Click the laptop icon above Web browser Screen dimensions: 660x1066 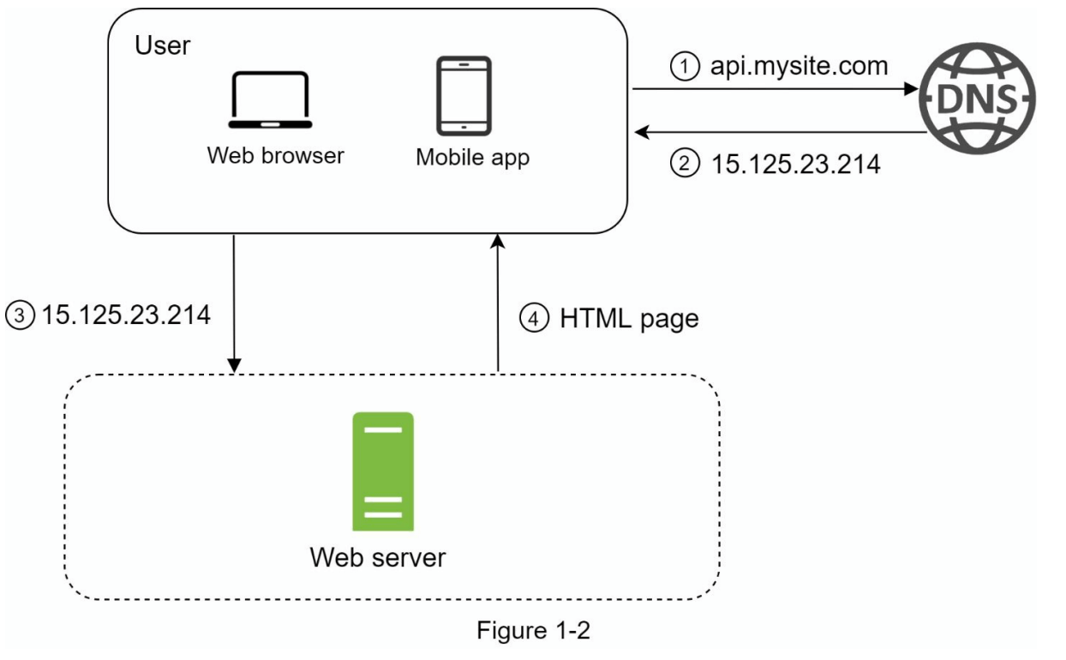(268, 102)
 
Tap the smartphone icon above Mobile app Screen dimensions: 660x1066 (464, 95)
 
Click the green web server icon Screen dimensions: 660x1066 (382, 472)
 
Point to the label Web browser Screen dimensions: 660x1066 (275, 155)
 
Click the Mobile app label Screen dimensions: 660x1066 (472, 157)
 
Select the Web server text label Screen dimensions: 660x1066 (378, 557)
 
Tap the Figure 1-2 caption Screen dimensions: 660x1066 (533, 631)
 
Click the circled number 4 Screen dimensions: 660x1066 (532, 319)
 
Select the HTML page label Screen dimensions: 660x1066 (629, 319)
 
